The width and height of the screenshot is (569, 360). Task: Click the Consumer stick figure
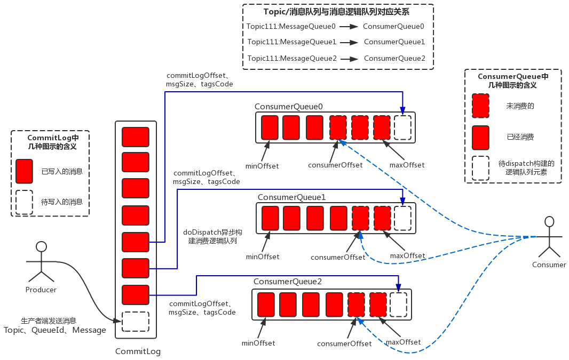[x=549, y=237]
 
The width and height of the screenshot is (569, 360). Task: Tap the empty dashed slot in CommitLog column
[x=135, y=322]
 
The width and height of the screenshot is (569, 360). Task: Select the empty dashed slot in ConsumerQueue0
[x=402, y=127]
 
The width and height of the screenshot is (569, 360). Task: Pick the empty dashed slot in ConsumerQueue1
[x=402, y=218]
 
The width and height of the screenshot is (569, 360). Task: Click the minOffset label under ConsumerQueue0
[x=262, y=166]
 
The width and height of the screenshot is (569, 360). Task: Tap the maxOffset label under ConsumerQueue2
[x=403, y=342]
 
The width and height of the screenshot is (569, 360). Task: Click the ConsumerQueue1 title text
[x=292, y=197]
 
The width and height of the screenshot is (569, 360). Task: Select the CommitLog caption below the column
[x=138, y=351]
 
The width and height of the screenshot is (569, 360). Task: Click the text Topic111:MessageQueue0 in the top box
[x=291, y=26]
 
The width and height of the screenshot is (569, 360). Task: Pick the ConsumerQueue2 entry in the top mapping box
[x=394, y=58]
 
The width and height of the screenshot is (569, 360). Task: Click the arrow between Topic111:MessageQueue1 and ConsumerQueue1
[x=350, y=42]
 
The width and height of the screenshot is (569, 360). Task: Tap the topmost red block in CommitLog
[x=136, y=137]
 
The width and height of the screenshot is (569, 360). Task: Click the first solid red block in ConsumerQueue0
[x=270, y=127]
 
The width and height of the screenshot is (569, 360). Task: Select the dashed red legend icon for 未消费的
[x=481, y=106]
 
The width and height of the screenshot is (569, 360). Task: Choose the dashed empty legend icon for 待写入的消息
[x=25, y=202]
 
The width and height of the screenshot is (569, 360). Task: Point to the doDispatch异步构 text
[x=212, y=232]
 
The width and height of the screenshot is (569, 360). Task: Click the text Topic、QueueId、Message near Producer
[x=55, y=330]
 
